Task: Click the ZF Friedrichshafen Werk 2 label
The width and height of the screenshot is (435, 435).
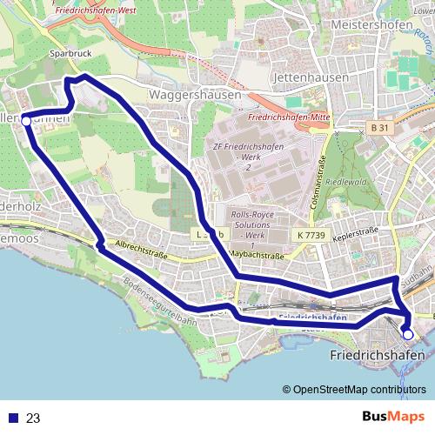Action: pos(249,156)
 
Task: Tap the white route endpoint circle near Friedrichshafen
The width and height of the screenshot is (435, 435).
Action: pos(408,334)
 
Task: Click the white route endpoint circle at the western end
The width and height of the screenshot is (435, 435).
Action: pos(26,121)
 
